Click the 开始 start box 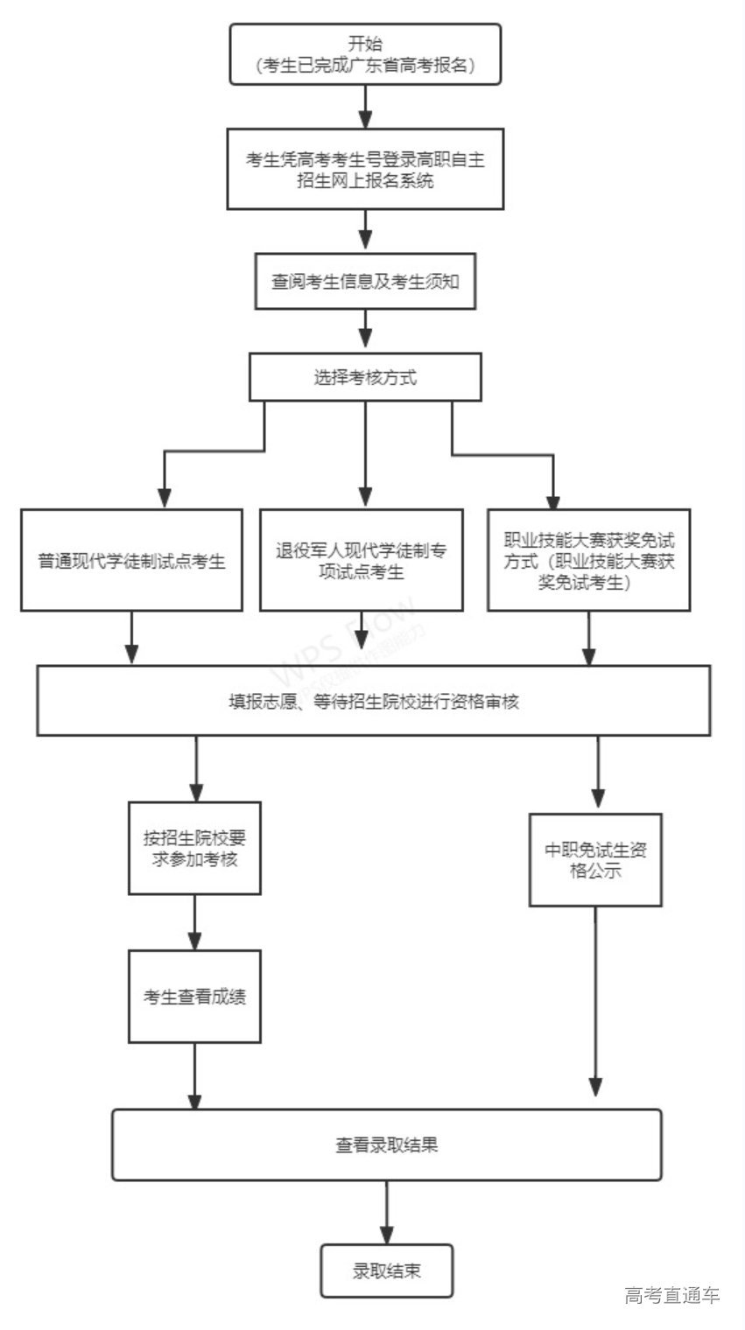tap(365, 54)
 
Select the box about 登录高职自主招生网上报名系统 tap(365, 169)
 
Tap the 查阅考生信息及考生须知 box tap(365, 282)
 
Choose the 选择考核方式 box tap(365, 377)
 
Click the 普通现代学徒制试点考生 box tap(131, 560)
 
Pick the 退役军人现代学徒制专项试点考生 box tap(362, 561)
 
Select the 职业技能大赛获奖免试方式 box tap(589, 560)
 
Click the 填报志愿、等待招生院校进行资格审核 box tap(374, 700)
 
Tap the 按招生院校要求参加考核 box tap(194, 848)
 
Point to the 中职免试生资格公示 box tap(595, 860)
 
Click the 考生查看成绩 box tap(194, 997)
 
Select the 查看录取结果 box tap(386, 1144)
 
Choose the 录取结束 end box tap(386, 1270)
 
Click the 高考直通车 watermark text tap(672, 1296)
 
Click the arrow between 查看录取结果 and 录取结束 tap(386, 1213)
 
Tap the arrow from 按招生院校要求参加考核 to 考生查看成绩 tap(194, 922)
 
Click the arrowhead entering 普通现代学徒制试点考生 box tap(164, 497)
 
